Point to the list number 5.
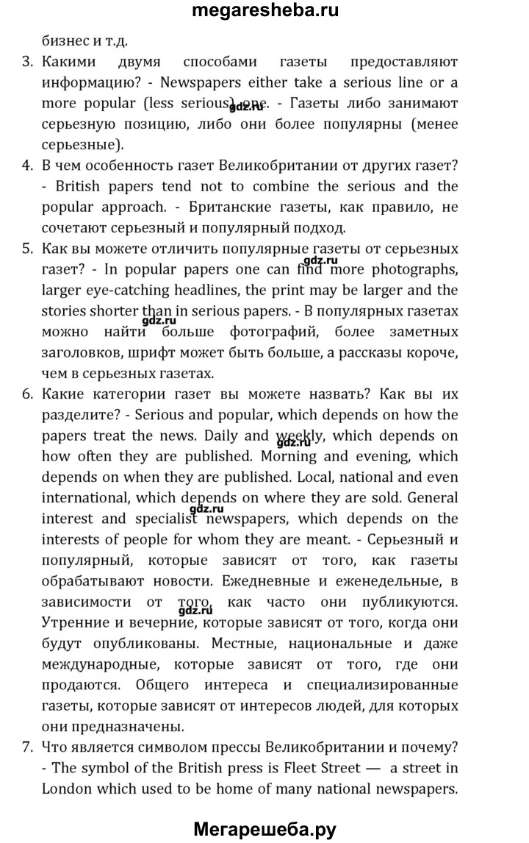27,249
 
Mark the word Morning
327,456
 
